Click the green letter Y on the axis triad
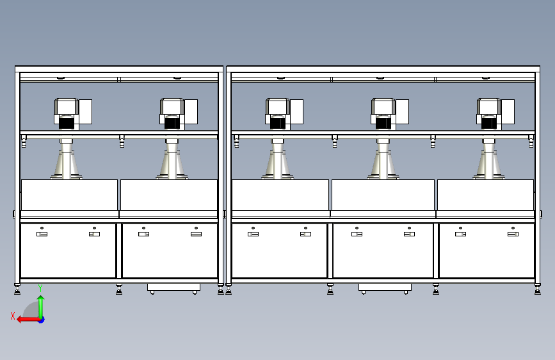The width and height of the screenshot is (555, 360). pyautogui.click(x=40, y=288)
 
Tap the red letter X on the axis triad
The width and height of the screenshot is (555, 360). pyautogui.click(x=13, y=316)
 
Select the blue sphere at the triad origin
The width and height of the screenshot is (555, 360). pyautogui.click(x=41, y=320)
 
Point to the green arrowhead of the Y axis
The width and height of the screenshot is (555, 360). pyautogui.click(x=41, y=299)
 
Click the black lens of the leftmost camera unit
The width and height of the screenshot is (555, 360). pyautogui.click(x=66, y=122)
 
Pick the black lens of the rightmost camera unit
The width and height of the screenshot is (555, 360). pyautogui.click(x=489, y=122)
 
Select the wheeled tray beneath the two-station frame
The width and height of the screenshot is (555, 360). pyautogui.click(x=173, y=288)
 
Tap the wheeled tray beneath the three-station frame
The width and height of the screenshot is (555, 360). pyautogui.click(x=385, y=288)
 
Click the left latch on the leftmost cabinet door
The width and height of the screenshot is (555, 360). pyautogui.click(x=42, y=234)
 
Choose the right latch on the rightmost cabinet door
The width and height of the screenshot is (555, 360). pyautogui.click(x=513, y=234)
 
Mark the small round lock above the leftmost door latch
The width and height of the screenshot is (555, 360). pyautogui.click(x=42, y=228)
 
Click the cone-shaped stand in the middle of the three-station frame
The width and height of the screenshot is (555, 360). pyautogui.click(x=383, y=160)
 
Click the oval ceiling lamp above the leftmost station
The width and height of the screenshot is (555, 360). pyautogui.click(x=61, y=78)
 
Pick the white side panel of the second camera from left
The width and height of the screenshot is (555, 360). pyautogui.click(x=191, y=111)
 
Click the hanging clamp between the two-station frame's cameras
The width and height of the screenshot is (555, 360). pyautogui.click(x=122, y=142)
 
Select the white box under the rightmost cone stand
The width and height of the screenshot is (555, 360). pyautogui.click(x=485, y=195)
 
